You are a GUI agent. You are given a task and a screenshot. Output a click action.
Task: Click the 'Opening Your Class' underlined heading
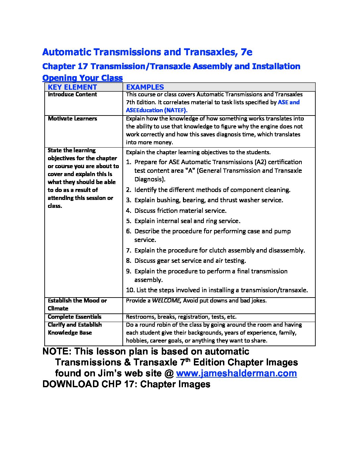82,78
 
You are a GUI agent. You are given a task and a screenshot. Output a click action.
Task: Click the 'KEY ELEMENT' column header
72,87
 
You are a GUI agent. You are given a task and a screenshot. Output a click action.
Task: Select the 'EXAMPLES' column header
145,87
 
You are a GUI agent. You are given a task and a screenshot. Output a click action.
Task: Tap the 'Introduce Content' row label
72,94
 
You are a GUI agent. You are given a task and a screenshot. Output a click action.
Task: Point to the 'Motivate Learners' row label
72,118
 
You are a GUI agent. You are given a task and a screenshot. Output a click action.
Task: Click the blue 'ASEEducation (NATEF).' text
157,110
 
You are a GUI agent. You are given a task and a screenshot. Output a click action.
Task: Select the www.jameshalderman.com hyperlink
236,373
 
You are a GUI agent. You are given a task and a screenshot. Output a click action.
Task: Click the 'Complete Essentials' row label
74,317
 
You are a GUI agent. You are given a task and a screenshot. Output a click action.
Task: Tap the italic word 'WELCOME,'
166,301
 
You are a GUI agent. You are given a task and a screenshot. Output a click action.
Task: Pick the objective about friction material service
180,210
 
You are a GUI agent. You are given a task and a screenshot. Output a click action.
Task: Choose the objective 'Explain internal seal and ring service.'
187,221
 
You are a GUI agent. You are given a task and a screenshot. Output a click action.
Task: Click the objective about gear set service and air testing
190,260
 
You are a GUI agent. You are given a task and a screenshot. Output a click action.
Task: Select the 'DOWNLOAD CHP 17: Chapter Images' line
126,384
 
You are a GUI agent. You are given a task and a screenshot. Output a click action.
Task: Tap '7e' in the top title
247,52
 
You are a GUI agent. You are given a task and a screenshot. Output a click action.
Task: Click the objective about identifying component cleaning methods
212,190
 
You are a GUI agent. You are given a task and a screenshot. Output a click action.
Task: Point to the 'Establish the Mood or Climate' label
77,304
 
